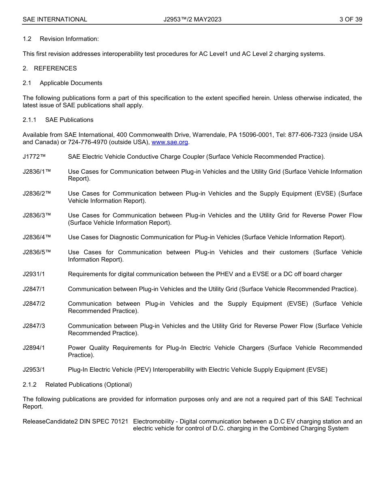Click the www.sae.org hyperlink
pyautogui.click(x=169, y=142)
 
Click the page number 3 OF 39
pyautogui.click(x=351, y=19)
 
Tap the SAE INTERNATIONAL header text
pyautogui.click(x=55, y=19)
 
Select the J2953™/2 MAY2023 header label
pyautogui.click(x=192, y=19)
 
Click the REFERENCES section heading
pyautogui.click(x=55, y=68)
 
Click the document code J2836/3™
pyautogui.click(x=36, y=215)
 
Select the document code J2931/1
pyautogui.click(x=34, y=274)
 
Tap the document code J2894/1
pyautogui.click(x=34, y=348)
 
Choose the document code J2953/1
pyautogui.click(x=34, y=370)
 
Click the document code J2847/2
pyautogui.click(x=34, y=304)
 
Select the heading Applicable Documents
pyautogui.click(x=71, y=83)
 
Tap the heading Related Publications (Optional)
pyautogui.click(x=88, y=385)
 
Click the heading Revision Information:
pyautogui.click(x=69, y=39)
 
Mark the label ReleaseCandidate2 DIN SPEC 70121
pyautogui.click(x=75, y=421)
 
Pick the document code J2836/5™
pyautogui.click(x=36, y=252)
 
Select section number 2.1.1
pyautogui.click(x=30, y=120)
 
